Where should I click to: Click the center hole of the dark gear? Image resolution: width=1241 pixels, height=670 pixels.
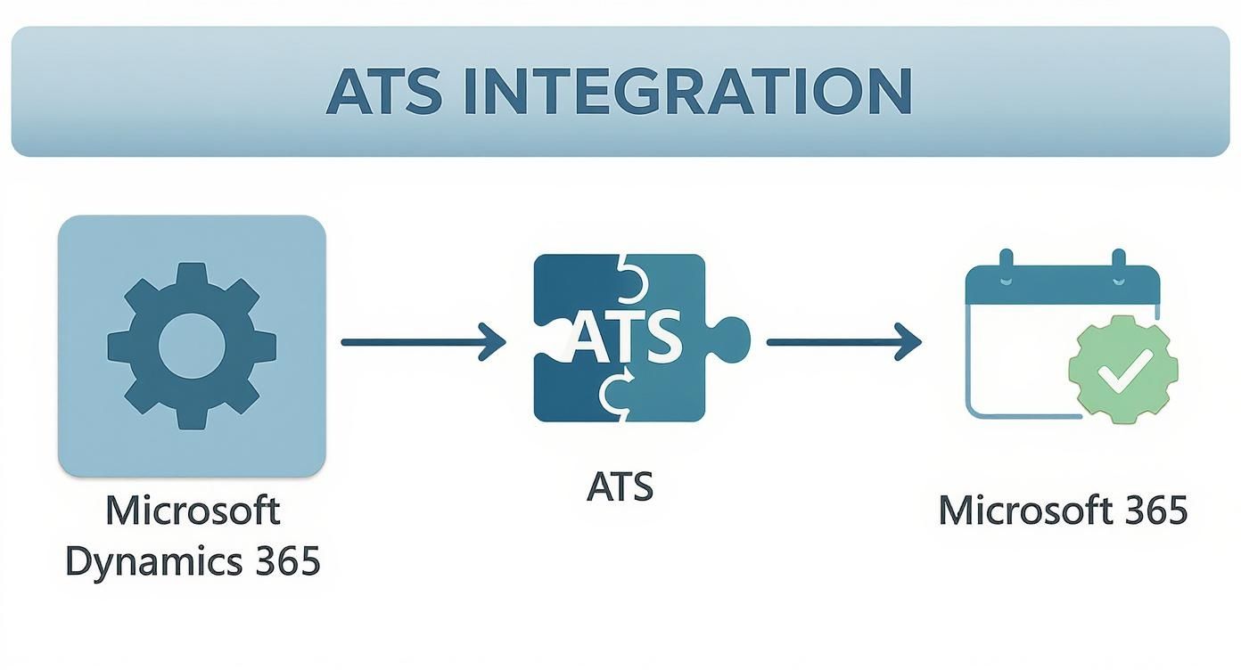click(192, 345)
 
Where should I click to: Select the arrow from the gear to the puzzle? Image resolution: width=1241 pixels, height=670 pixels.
click(423, 341)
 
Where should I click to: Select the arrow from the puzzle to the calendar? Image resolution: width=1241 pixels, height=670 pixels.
click(842, 341)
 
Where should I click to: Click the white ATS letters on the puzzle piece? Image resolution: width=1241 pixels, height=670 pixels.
click(625, 339)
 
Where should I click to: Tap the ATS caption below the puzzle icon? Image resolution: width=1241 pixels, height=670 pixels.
click(620, 486)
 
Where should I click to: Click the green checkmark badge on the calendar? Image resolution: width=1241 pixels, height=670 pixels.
click(1123, 368)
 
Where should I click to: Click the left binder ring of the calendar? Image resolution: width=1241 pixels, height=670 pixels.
click(1007, 264)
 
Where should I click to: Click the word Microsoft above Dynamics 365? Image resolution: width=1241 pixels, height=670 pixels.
click(193, 511)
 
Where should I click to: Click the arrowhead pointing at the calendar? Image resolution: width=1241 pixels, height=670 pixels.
click(910, 341)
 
